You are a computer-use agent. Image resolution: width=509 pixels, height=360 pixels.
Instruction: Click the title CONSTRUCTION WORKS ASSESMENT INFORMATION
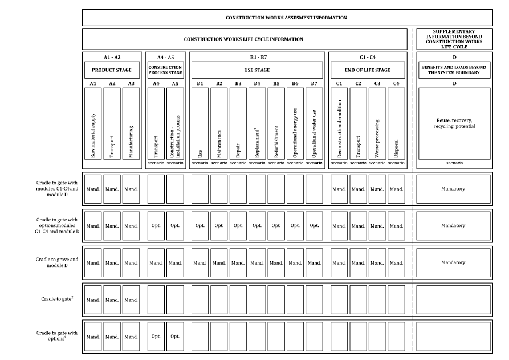point(286,18)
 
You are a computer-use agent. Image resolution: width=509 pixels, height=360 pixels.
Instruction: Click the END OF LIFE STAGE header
point(367,70)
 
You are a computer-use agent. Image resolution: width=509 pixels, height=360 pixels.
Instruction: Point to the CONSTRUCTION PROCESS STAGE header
point(165,70)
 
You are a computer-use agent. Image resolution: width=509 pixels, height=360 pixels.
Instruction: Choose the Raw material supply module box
point(93,123)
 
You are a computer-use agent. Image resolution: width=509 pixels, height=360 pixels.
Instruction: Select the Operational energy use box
point(295,123)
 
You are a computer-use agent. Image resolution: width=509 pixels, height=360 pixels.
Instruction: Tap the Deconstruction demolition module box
point(339,123)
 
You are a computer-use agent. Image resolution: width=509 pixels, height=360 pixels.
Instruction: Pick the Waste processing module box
point(377,123)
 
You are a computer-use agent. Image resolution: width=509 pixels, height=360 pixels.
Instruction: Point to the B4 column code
point(257,84)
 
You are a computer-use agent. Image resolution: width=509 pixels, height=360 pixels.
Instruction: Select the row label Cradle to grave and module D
point(56,262)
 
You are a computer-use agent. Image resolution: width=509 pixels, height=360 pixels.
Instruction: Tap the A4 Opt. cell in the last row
point(156,337)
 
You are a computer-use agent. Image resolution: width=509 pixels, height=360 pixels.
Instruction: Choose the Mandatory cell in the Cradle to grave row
point(454,262)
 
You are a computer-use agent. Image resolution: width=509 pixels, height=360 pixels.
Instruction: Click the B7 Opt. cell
point(314,225)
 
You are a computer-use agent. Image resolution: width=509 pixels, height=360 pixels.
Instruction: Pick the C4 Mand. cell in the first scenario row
point(396,189)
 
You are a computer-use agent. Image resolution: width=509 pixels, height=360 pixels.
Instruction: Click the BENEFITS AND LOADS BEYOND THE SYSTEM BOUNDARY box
point(454,70)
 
